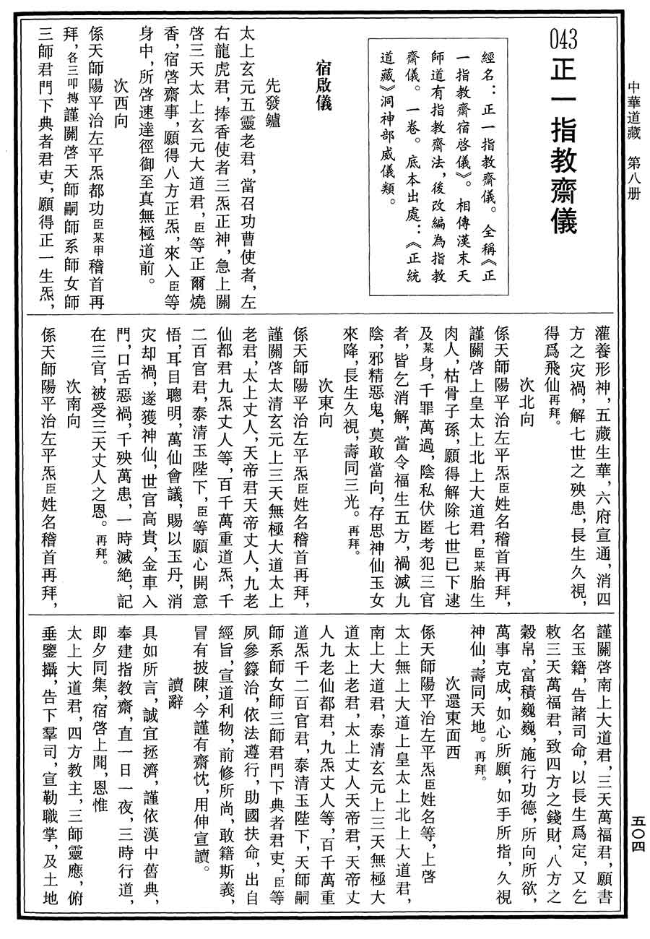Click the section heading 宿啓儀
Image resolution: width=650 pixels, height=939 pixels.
(x=323, y=85)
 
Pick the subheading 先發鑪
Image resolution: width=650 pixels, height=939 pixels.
(x=271, y=94)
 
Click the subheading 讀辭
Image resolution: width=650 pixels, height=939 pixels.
(x=173, y=686)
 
